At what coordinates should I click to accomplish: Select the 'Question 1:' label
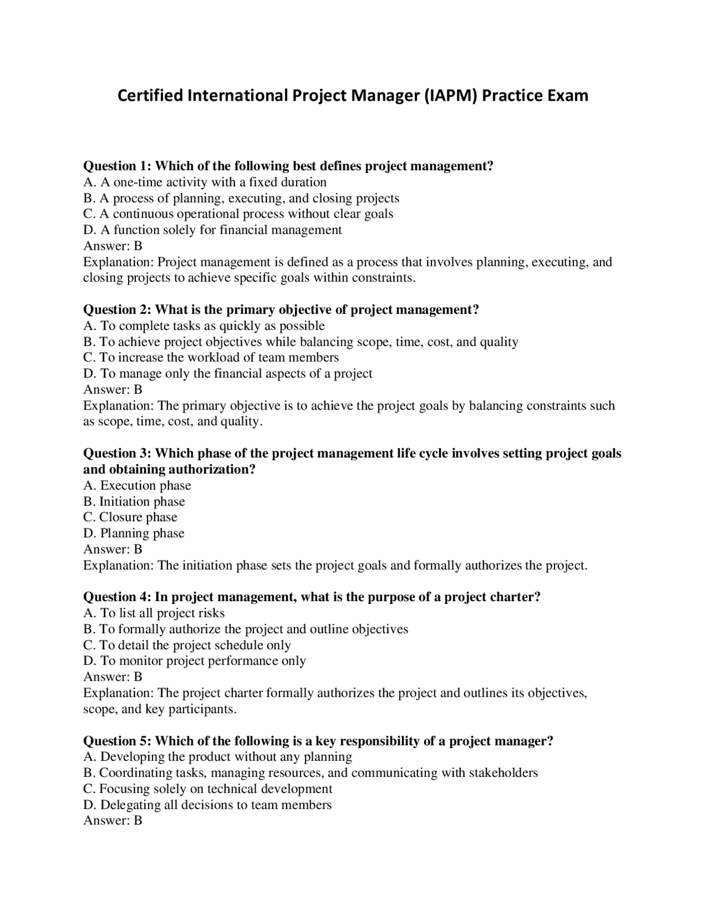point(117,166)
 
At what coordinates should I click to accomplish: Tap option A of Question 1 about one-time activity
point(205,182)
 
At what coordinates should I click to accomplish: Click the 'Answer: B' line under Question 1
point(113,246)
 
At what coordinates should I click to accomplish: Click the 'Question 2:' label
point(117,309)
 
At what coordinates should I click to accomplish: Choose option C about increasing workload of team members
point(211,357)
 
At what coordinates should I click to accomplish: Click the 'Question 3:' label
point(117,453)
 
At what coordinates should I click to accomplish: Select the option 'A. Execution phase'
point(137,485)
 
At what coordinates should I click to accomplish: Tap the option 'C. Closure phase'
point(130,517)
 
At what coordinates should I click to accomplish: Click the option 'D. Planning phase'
point(134,533)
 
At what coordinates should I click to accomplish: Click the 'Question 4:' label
point(117,597)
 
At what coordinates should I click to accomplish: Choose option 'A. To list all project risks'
point(154,613)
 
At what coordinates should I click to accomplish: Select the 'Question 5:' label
point(117,741)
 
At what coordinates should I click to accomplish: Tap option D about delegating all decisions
point(208,804)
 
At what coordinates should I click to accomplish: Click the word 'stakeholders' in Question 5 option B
point(503,772)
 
